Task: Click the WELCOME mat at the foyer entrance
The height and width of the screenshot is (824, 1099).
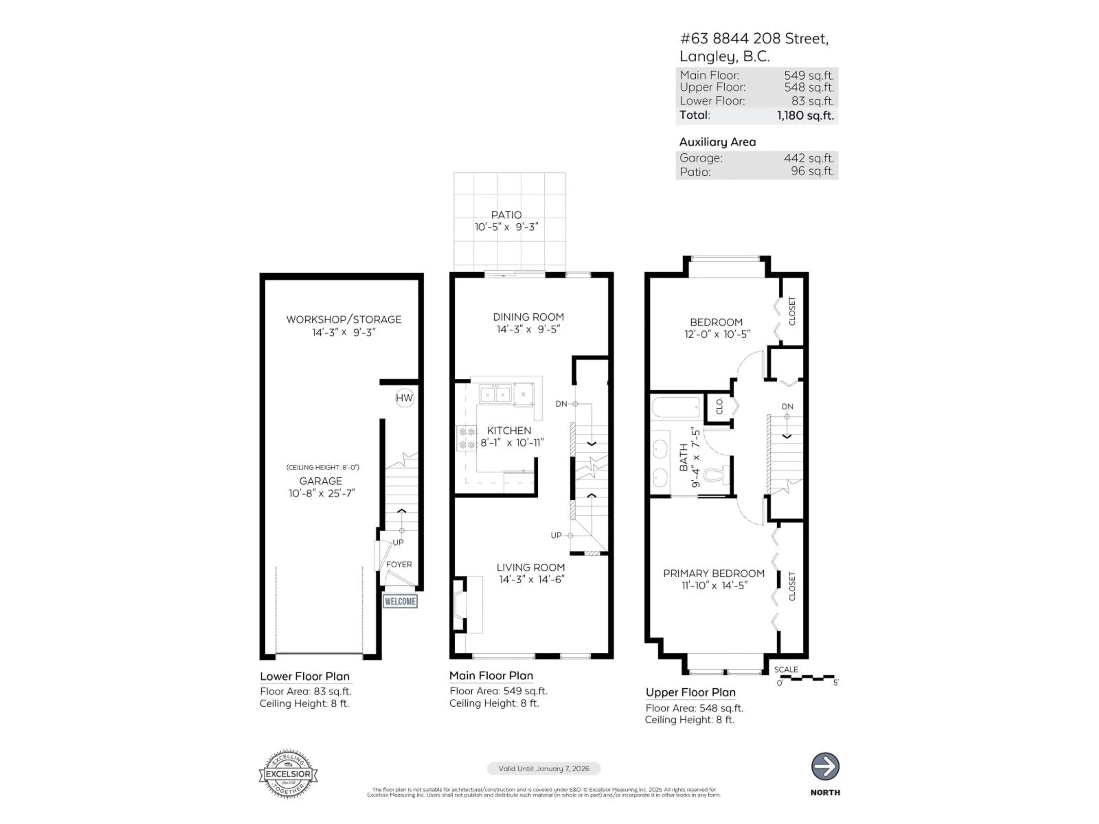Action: [x=400, y=601]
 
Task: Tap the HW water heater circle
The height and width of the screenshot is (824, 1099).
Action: [x=404, y=398]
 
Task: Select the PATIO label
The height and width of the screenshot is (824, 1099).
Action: [x=506, y=215]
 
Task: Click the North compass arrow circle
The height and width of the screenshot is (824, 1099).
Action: [x=825, y=766]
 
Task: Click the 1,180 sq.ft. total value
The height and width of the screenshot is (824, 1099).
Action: [x=805, y=116]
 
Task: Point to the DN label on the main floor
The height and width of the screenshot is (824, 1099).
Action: [x=561, y=404]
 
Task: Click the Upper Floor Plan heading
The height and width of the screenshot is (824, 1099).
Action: [x=690, y=692]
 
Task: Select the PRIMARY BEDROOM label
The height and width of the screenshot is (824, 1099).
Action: [x=713, y=573]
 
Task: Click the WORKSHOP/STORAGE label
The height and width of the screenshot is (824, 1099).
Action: [x=343, y=319]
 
